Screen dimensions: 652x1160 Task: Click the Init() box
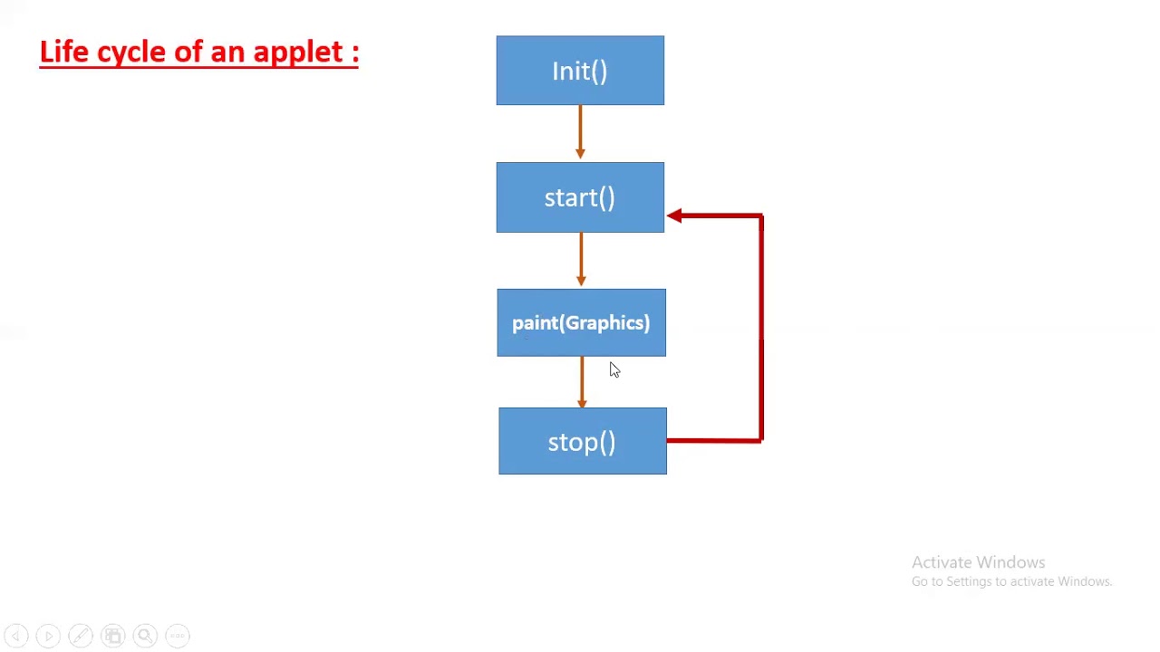coord(580,71)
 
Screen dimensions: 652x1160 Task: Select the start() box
coord(580,197)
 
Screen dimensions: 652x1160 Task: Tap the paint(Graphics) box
coord(581,322)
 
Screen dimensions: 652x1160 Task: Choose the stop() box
coord(582,441)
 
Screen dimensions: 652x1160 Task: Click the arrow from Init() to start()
coord(580,132)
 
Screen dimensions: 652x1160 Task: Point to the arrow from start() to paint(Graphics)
coord(581,259)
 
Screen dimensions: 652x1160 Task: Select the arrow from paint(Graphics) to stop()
coord(582,381)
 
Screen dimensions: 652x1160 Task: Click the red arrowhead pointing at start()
coord(675,216)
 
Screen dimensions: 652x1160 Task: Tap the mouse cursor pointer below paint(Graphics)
coord(614,369)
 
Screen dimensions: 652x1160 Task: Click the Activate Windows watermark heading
coord(978,562)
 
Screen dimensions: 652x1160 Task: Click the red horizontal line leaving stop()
coord(714,441)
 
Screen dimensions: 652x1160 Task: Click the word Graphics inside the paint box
coord(603,323)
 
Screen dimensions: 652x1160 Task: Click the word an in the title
coord(227,53)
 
